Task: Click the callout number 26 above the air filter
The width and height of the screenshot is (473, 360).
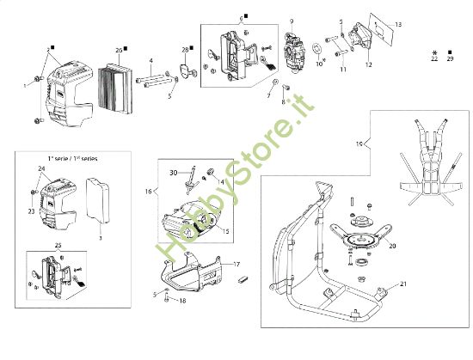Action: coord(119,50)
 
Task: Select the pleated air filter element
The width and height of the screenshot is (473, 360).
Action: coord(114,78)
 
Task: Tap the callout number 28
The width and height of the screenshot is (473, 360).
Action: coord(185,50)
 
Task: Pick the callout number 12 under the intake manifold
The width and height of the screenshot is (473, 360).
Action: coord(368,64)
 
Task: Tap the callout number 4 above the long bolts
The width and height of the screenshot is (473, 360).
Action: coord(151,60)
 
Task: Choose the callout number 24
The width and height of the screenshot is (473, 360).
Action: coord(40,169)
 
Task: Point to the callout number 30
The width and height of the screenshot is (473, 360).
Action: coord(173,173)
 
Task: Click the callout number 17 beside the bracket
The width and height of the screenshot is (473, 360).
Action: coord(238,265)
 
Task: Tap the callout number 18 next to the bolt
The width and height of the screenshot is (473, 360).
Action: coord(182,301)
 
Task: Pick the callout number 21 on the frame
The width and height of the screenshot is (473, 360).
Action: coord(403,284)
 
